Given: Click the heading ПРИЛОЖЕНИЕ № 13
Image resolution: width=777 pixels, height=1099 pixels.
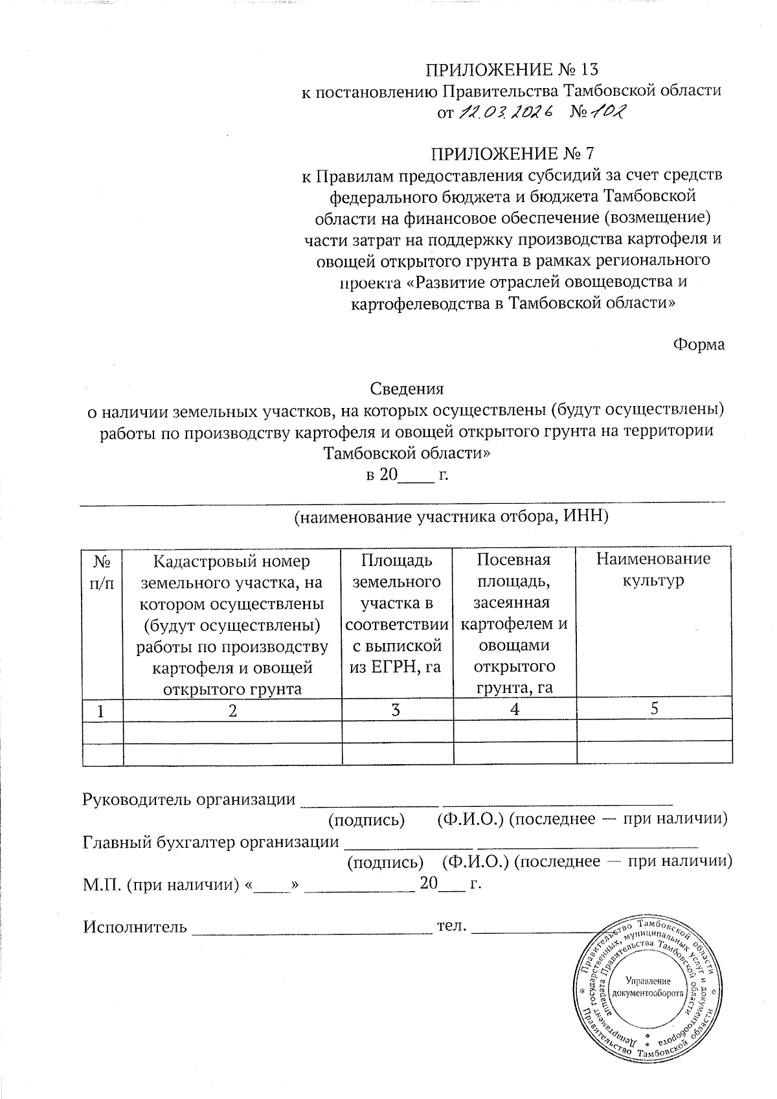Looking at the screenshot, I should point(512,69).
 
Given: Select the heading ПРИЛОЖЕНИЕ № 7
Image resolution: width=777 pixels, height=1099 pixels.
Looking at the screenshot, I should point(512,154).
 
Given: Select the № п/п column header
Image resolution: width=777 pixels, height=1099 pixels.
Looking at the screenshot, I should point(102,571).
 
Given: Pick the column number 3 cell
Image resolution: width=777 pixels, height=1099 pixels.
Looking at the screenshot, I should point(397,710).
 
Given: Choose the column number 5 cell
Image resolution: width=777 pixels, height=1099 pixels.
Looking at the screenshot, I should point(654,709).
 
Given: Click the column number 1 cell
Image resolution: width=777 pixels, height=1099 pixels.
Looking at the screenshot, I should point(102,710).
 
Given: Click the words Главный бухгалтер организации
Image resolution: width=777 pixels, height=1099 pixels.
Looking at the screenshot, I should point(211,843).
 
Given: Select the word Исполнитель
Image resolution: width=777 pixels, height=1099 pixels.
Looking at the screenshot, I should point(135,927).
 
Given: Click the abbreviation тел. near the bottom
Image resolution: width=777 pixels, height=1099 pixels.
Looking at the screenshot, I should point(452,925).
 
